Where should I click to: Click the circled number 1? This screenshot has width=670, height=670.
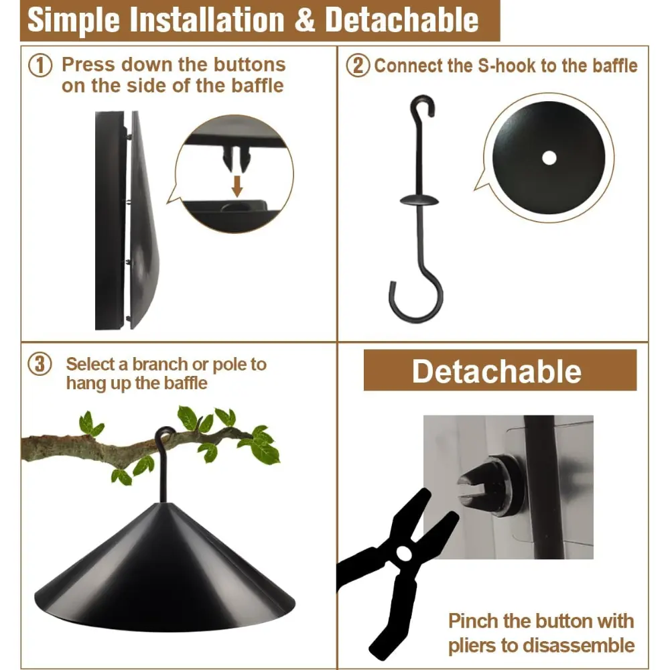pos(40,66)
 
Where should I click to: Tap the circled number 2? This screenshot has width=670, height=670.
pos(358,66)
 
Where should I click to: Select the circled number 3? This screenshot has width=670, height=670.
pos(40,364)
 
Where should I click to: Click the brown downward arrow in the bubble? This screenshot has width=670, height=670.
pos(237,186)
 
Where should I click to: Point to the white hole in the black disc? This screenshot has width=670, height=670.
pos(549,157)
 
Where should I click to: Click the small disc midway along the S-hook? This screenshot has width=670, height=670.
pos(419,200)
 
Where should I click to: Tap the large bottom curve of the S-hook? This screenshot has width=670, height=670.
pos(417,299)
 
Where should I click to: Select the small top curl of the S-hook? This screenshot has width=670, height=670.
pos(423,105)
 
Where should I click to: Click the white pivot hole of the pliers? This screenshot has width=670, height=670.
pos(404,553)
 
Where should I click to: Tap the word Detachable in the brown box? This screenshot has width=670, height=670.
pos(496,371)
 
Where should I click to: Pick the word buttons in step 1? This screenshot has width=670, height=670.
pos(249,65)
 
